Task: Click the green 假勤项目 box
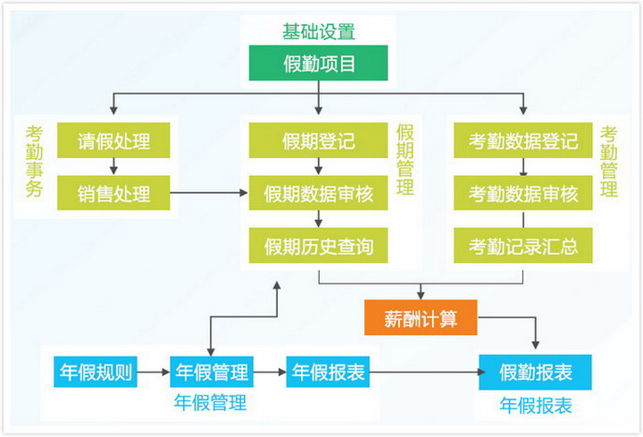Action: (318, 63)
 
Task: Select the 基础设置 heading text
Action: (319, 31)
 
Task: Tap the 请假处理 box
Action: (113, 140)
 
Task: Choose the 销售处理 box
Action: (113, 193)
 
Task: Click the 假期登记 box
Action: (318, 140)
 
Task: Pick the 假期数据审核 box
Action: (318, 193)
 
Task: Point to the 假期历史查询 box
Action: (318, 246)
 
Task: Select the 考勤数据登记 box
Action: (522, 140)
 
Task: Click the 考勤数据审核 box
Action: (522, 193)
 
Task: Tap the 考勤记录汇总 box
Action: (522, 246)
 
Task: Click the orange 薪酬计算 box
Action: (421, 317)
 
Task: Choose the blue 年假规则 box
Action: (96, 372)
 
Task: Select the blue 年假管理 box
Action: (212, 372)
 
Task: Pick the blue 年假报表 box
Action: (328, 372)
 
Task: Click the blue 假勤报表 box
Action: (536, 372)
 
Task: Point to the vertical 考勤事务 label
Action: (35, 161)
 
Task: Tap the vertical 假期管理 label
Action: (405, 160)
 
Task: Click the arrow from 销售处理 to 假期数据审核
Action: (209, 192)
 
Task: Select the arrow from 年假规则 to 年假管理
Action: (154, 372)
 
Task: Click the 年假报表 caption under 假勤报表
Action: (536, 406)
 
